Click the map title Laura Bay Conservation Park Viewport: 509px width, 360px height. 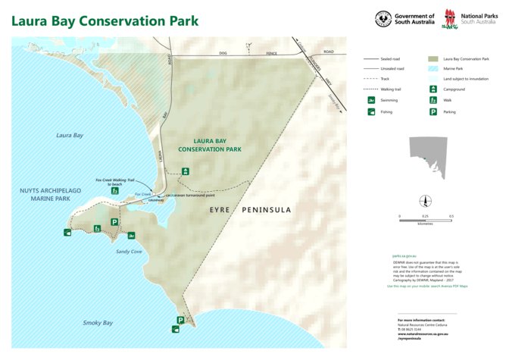[x=105, y=20]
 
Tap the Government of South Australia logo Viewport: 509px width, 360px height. [x=404, y=18]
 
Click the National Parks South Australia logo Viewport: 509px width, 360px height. [x=469, y=18]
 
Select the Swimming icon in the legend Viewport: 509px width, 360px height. [x=371, y=100]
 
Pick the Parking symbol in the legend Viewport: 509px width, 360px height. [x=432, y=111]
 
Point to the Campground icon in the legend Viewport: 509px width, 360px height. [x=432, y=89]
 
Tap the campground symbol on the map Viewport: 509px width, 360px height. [x=186, y=171]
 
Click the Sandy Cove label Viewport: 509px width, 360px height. [x=128, y=251]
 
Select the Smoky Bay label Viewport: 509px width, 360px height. [x=98, y=323]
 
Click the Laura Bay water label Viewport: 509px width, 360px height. [x=69, y=135]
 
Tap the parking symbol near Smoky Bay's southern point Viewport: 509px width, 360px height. [x=180, y=320]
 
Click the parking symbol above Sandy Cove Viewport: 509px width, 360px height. [x=114, y=222]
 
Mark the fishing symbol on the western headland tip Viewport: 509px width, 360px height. [x=68, y=232]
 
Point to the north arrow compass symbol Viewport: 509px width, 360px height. [x=425, y=202]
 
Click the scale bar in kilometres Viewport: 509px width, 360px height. [x=425, y=220]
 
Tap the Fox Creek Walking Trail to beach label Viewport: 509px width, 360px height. [x=114, y=182]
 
